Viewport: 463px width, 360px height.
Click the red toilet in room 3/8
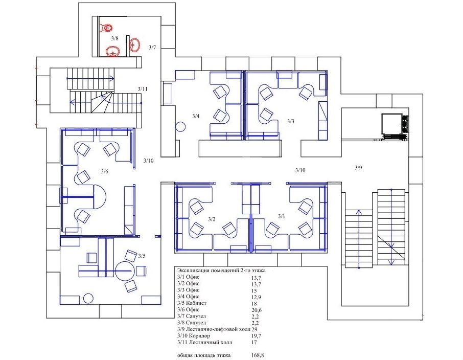(107, 28)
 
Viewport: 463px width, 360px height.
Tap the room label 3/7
(152, 47)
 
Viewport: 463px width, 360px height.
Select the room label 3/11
(143, 89)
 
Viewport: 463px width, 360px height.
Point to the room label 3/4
(196, 116)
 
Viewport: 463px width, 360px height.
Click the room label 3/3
(291, 121)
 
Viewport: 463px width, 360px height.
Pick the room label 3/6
(105, 171)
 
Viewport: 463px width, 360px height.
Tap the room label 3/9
(358, 168)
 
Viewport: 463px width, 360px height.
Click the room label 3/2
(212, 219)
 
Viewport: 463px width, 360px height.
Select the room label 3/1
(282, 216)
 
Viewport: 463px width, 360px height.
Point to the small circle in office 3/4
(180, 127)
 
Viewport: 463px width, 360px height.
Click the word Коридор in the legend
(200, 336)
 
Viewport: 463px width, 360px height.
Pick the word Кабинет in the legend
(196, 303)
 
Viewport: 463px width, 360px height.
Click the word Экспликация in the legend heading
(192, 271)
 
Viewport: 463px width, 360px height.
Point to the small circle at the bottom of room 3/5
(88, 299)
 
